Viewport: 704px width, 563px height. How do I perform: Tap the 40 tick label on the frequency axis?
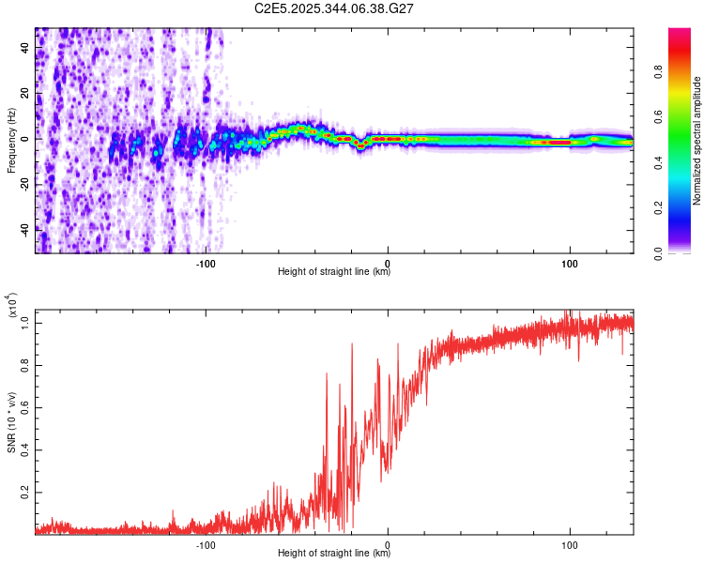click(24, 50)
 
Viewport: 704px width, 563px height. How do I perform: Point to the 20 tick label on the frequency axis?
click(24, 94)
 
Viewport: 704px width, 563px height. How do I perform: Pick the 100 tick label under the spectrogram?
click(570, 262)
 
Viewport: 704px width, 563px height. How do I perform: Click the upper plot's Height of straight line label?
click(334, 272)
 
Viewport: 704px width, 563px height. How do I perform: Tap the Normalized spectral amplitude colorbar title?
click(697, 140)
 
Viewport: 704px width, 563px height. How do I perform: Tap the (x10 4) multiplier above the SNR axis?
click(13, 306)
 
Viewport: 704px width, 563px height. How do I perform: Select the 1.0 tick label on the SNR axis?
click(24, 322)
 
